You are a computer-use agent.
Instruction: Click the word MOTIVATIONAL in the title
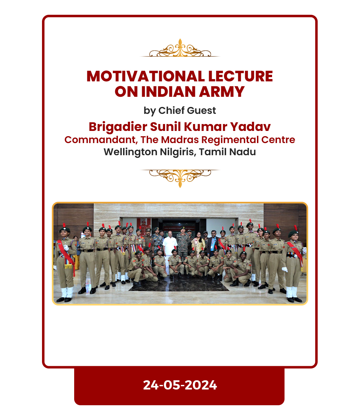146,76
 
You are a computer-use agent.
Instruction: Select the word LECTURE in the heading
241,76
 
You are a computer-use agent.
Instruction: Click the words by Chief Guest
180,111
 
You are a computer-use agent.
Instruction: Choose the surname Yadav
250,127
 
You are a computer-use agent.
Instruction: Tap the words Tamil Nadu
227,152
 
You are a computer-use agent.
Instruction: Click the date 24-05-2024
180,385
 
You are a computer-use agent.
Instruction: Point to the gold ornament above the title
180,48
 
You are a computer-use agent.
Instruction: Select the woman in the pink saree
198,245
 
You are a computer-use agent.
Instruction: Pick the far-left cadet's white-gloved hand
66,247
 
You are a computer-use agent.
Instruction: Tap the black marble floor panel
179,283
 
